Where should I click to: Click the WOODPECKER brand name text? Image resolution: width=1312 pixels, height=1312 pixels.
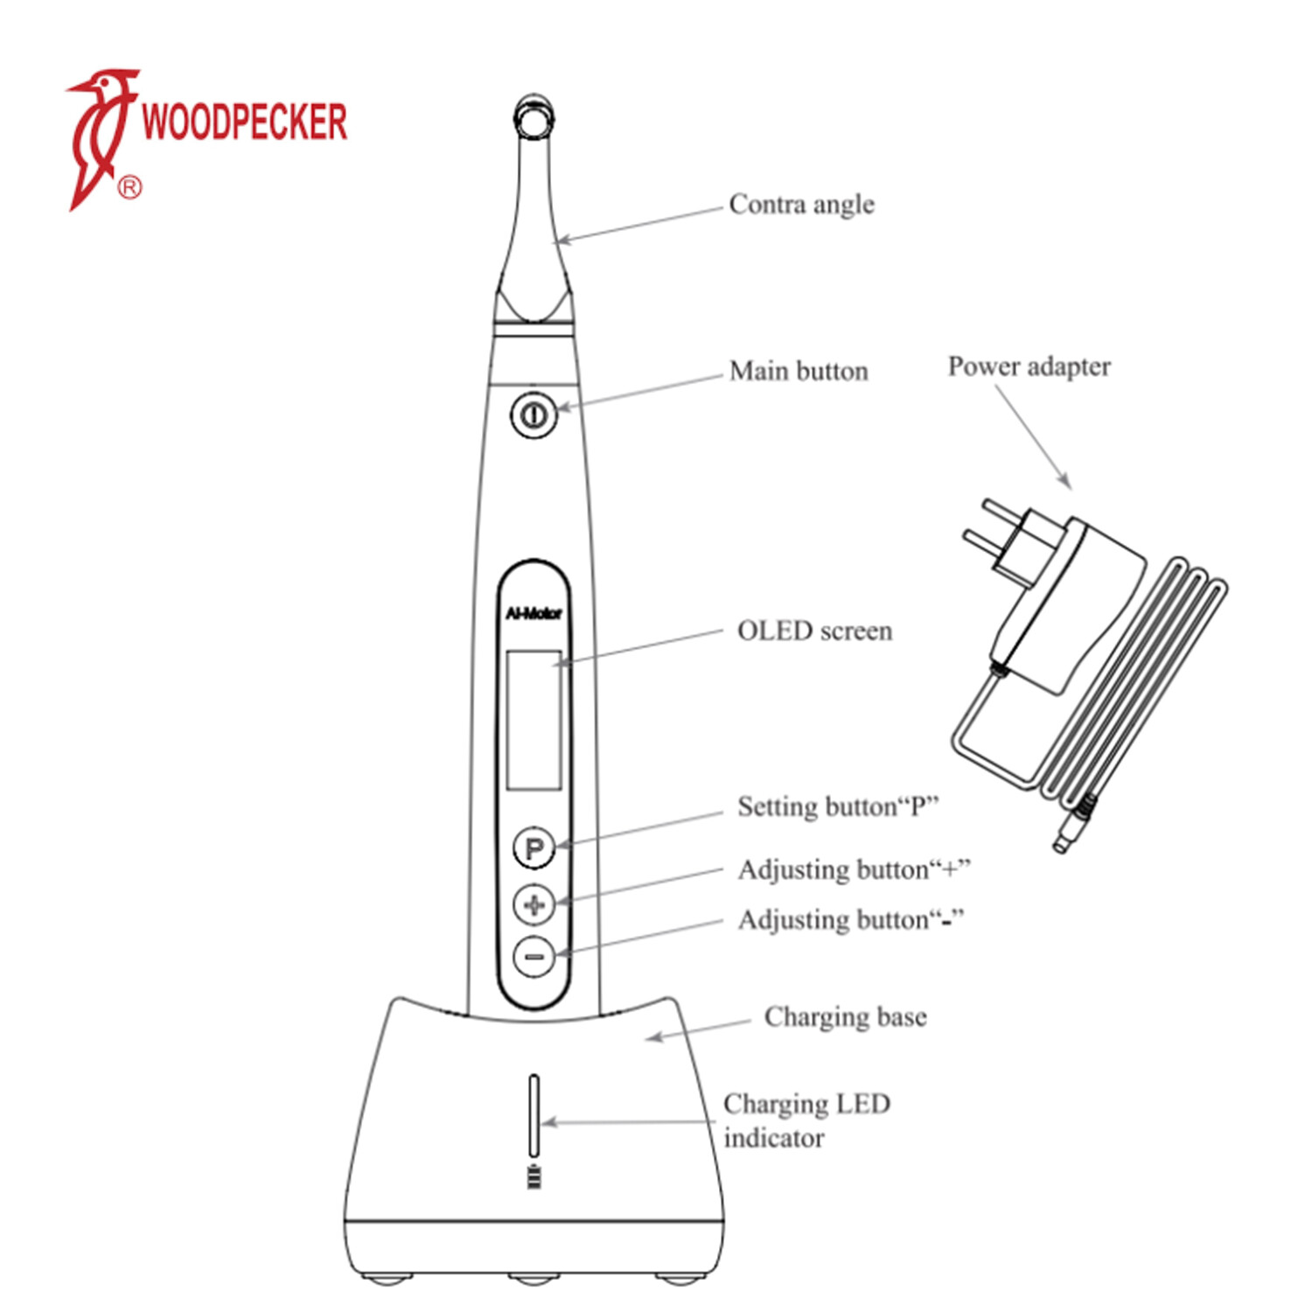[244, 122]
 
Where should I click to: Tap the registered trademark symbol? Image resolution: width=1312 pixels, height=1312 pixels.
[129, 187]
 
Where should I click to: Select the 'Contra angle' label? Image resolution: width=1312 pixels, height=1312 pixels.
[801, 205]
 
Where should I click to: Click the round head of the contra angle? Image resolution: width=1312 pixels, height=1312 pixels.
[534, 116]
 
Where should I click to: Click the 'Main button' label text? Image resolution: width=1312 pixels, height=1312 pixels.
[799, 372]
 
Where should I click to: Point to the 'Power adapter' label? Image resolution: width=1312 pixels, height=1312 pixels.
[1029, 366]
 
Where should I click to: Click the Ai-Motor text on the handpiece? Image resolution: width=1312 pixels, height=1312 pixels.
[534, 614]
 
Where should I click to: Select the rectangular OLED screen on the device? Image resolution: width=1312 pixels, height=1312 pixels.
[534, 720]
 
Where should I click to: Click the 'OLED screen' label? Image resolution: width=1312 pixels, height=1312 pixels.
[814, 632]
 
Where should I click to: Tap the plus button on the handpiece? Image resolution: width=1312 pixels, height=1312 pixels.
[534, 904]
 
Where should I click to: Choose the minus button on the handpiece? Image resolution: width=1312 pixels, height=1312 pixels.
[534, 956]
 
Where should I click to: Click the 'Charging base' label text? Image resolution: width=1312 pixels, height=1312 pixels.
[845, 1017]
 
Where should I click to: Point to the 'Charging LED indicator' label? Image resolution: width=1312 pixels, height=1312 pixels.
[806, 1120]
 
